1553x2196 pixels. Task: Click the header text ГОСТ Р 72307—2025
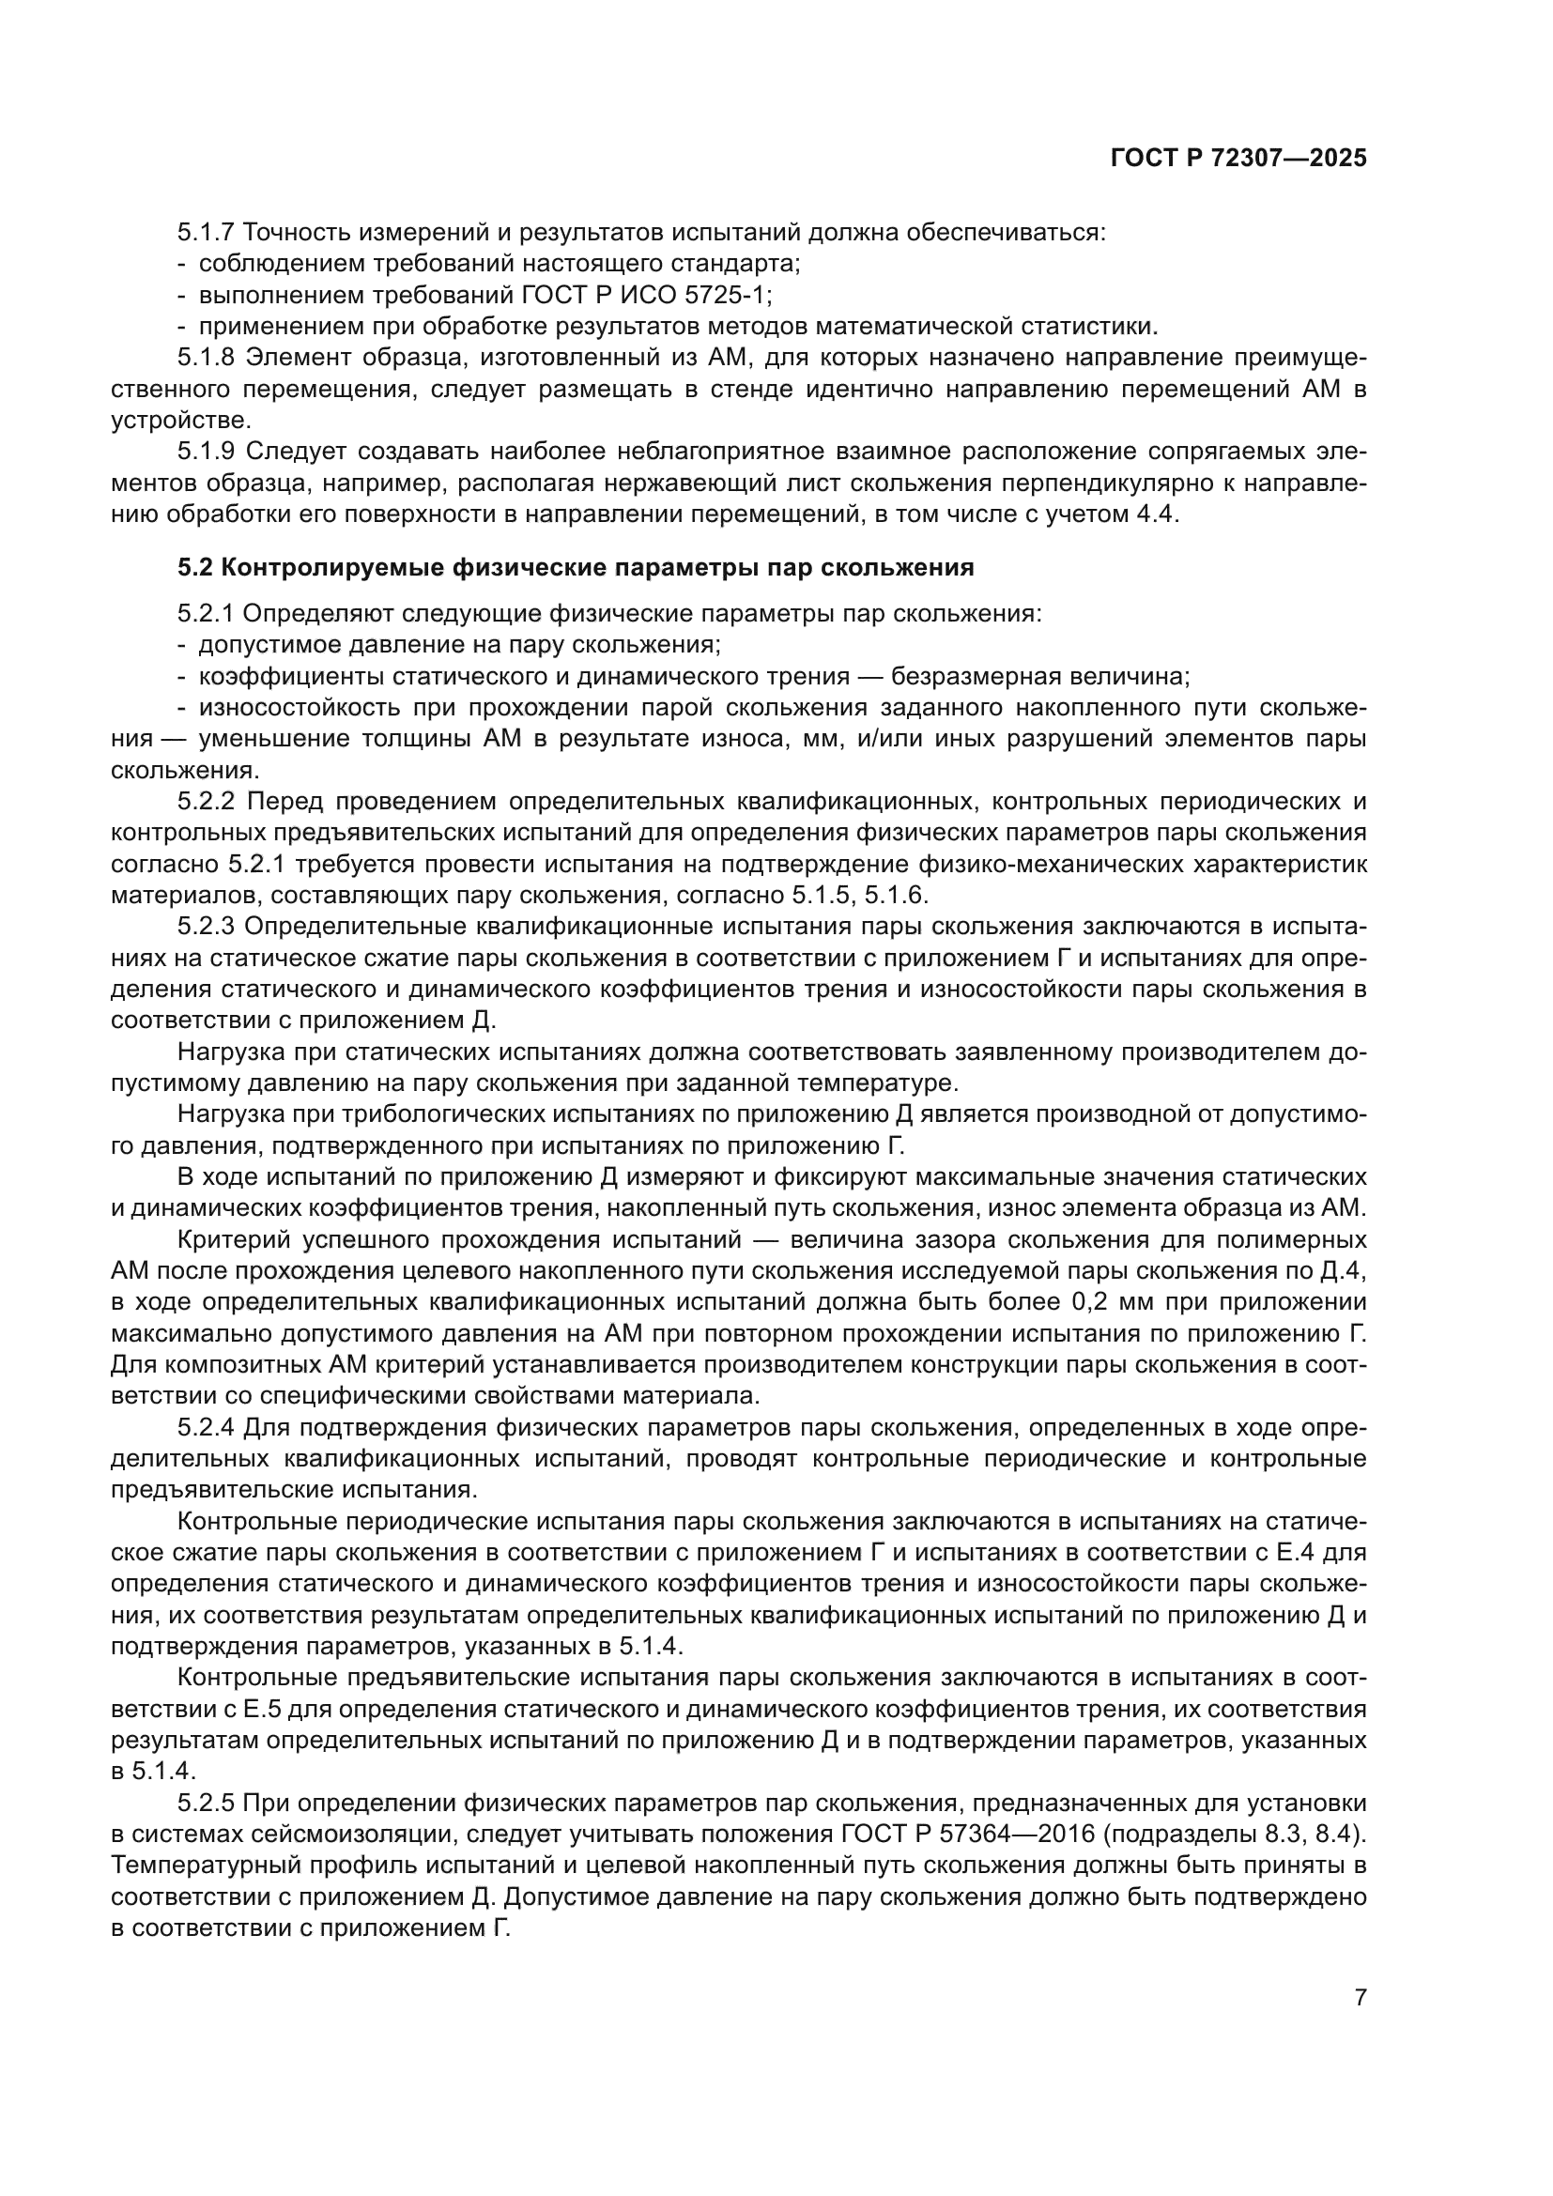coord(1238,159)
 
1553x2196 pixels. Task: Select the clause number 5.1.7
coord(206,233)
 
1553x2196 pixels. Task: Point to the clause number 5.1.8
coord(206,358)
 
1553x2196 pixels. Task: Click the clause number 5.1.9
coord(206,452)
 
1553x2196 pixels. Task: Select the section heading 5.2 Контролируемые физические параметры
coord(575,567)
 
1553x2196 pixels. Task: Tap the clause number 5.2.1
coord(206,613)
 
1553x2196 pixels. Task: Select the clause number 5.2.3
coord(206,927)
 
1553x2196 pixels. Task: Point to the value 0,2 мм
coord(1096,1303)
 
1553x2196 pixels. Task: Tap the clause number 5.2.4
coord(206,1428)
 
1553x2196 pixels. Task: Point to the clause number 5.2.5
coord(206,1804)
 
